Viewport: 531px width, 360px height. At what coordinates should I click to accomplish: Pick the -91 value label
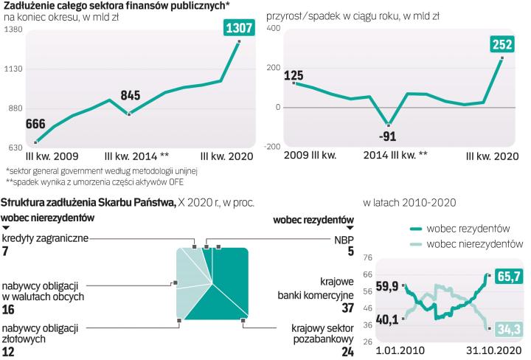(387, 136)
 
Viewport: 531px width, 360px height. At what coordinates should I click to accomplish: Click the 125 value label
(295, 75)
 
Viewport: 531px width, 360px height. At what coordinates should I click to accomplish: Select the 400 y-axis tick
(274, 28)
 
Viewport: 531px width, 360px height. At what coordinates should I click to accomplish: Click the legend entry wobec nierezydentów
(475, 243)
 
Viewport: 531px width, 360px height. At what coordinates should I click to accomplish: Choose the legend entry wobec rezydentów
(469, 228)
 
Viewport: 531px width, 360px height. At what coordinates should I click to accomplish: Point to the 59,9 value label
(386, 286)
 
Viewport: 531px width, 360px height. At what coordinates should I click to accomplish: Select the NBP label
(344, 238)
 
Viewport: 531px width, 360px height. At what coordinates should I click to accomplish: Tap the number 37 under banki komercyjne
(346, 308)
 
